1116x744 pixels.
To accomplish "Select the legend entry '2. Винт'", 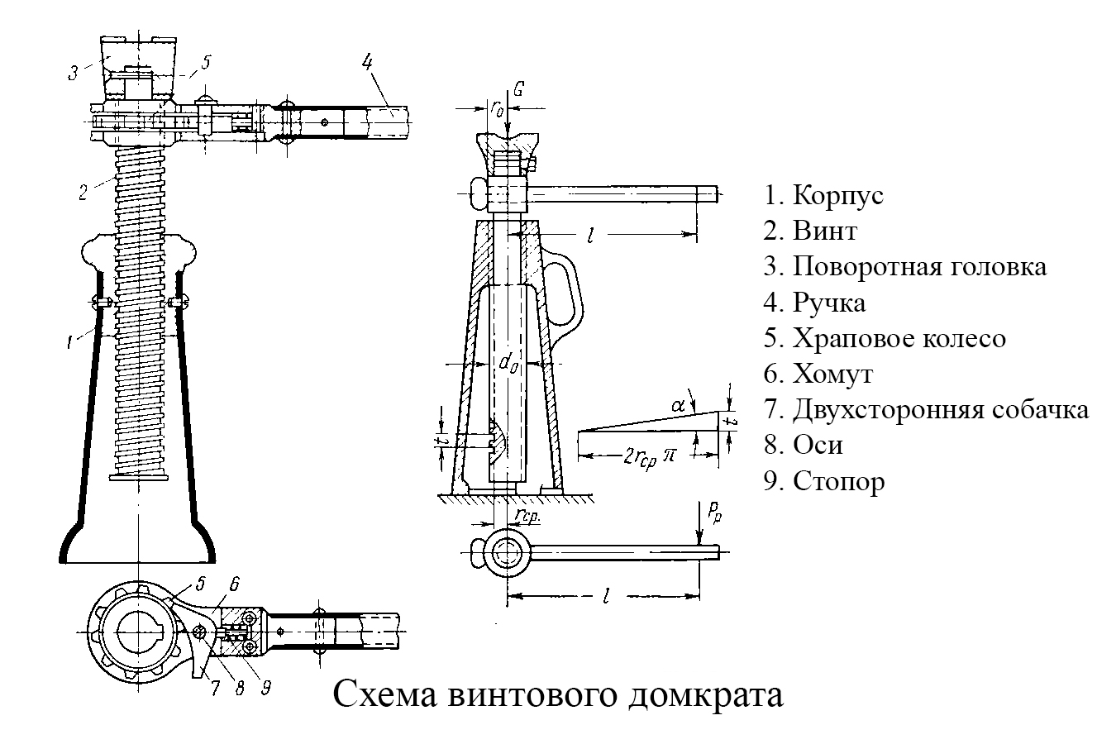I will [810, 231].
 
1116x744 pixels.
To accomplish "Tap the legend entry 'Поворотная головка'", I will [905, 267].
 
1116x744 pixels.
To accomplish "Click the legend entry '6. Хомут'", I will [818, 374].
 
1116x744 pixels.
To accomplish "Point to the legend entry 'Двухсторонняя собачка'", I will [926, 409].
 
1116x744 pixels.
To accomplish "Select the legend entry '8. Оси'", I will [804, 445].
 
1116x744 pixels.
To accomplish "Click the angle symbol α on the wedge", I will [679, 406].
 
